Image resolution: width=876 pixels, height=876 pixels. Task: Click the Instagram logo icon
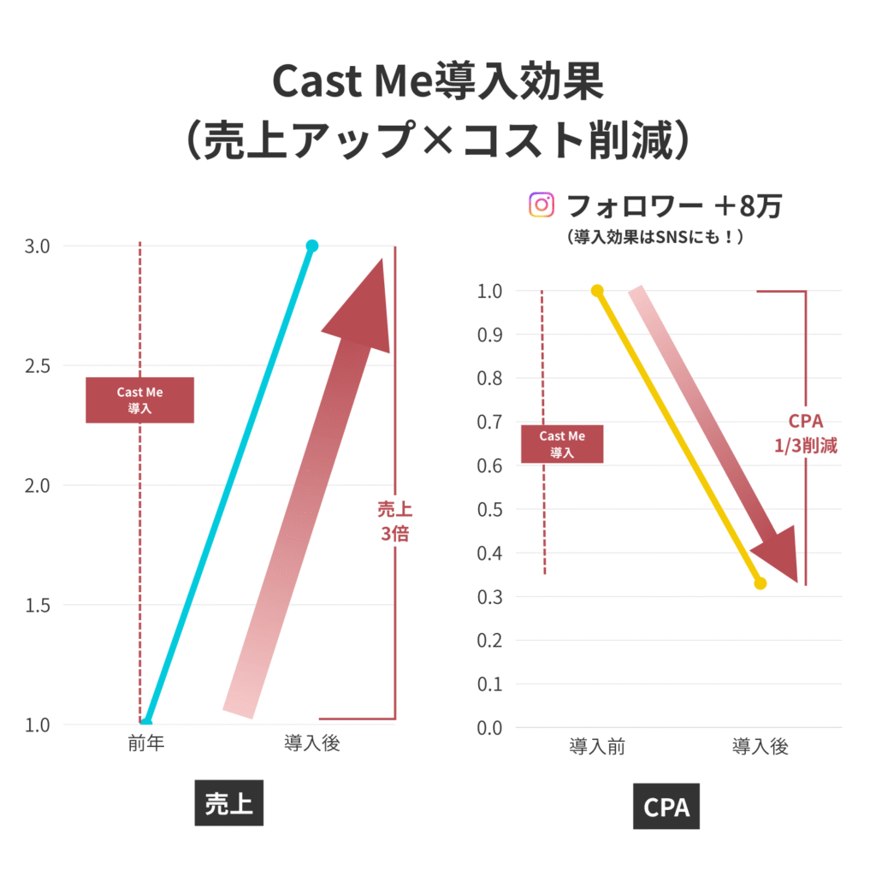[x=540, y=205]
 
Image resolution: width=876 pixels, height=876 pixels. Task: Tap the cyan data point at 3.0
[x=312, y=246]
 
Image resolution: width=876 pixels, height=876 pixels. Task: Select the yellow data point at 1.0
[x=597, y=291]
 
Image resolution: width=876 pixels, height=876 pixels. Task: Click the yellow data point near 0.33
[x=761, y=583]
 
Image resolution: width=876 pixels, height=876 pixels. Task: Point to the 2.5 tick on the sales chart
[x=38, y=366]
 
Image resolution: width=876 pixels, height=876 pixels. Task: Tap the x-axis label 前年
[x=145, y=743]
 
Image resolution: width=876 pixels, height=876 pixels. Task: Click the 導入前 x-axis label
[x=597, y=747]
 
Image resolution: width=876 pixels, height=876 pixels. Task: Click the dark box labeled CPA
[x=666, y=806]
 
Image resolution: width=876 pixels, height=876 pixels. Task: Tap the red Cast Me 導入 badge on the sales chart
[x=139, y=400]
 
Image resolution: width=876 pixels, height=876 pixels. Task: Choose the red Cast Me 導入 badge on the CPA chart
[x=562, y=444]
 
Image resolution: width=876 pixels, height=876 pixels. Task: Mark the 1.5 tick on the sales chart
[x=38, y=606]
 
